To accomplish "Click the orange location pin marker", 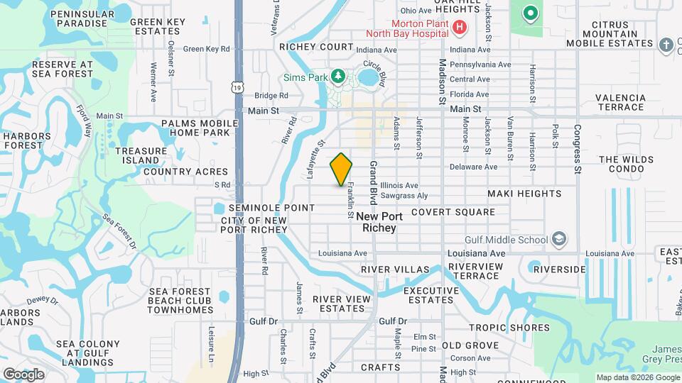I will (342, 170).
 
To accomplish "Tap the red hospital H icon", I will (460, 27).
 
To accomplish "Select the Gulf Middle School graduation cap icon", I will (560, 238).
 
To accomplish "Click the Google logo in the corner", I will (23, 374).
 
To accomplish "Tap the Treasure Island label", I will (141, 156).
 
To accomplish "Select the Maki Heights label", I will (524, 194).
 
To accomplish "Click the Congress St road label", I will (578, 150).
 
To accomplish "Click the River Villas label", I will (395, 270).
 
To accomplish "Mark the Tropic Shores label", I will (509, 328).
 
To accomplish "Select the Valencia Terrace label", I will (620, 102).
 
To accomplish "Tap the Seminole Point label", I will (271, 208).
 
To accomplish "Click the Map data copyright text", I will (637, 377).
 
